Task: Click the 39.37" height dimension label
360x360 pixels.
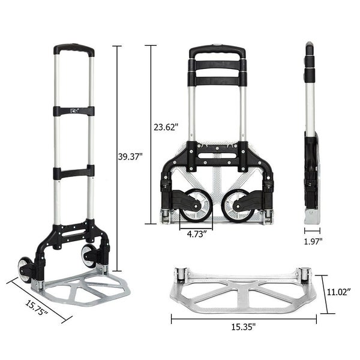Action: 130,157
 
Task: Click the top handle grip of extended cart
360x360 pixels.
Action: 73,48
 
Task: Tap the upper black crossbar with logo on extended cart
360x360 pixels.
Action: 73,111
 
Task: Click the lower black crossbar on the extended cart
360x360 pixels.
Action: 73,172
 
